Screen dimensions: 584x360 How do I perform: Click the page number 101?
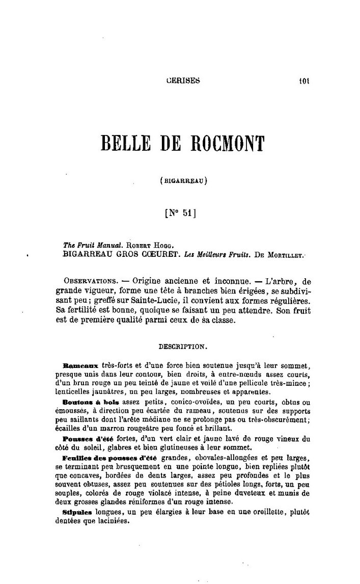click(x=305, y=80)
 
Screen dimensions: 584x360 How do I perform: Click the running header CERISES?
click(x=183, y=80)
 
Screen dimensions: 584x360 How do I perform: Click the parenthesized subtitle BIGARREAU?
click(x=183, y=179)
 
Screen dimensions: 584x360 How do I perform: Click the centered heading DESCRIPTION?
click(x=183, y=346)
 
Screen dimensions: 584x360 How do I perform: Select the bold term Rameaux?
click(x=80, y=366)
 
